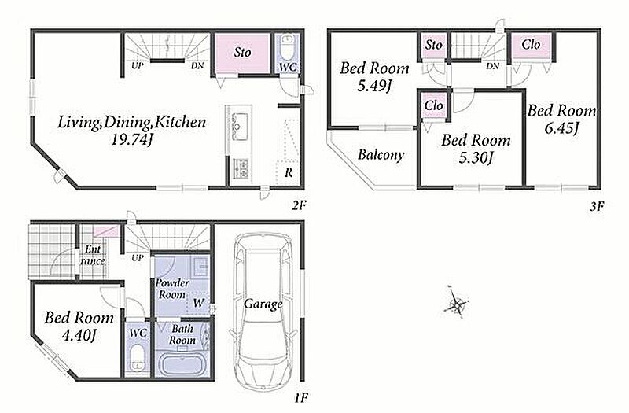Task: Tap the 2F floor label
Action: click(x=299, y=206)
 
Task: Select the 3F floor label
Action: click(x=597, y=206)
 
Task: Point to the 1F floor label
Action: click(x=301, y=398)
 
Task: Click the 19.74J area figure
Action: click(x=133, y=140)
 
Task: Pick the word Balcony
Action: click(x=381, y=154)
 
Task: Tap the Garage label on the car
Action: click(x=263, y=304)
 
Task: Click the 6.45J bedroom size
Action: click(x=561, y=129)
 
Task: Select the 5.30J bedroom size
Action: click(x=476, y=158)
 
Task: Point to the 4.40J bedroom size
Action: click(x=79, y=336)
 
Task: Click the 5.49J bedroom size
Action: click(x=374, y=86)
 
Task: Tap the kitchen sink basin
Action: click(x=238, y=121)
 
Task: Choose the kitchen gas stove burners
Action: click(x=241, y=168)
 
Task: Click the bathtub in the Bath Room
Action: click(x=182, y=363)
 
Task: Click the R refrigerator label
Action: click(x=289, y=172)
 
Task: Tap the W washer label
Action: click(x=198, y=303)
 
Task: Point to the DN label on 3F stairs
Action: click(x=493, y=66)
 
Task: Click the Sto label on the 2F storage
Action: click(x=243, y=52)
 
